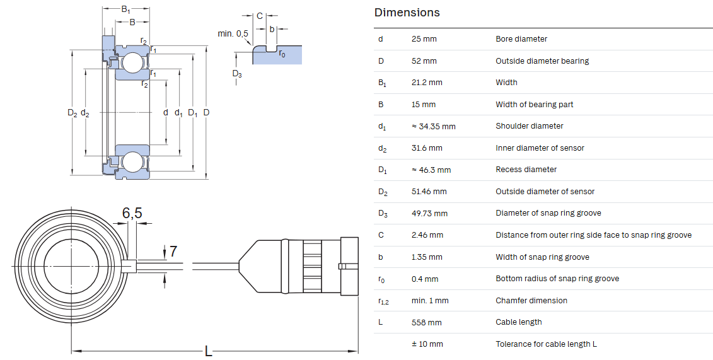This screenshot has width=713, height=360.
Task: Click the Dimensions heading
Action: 407,13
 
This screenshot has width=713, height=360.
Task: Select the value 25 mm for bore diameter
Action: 424,39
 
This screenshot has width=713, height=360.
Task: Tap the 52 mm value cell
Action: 424,61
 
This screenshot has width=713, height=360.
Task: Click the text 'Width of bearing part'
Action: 535,105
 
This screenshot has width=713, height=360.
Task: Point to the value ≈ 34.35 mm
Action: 433,126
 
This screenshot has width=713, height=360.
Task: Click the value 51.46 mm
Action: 429,192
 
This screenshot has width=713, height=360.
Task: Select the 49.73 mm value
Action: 429,214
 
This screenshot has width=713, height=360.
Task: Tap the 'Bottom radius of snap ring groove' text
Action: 557,279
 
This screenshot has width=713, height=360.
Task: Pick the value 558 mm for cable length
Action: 426,323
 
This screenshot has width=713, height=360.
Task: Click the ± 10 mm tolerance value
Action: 427,344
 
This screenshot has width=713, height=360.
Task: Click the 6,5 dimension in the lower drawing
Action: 132,212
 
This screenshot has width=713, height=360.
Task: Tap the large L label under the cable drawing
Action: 208,351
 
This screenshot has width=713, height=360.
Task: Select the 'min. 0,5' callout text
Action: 233,33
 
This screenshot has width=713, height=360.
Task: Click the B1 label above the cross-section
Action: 126,9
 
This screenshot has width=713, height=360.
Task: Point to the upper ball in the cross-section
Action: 131,62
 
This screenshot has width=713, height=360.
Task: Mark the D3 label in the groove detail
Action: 237,74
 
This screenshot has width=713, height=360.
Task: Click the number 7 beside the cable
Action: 173,252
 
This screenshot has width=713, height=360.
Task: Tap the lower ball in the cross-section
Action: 131,163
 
